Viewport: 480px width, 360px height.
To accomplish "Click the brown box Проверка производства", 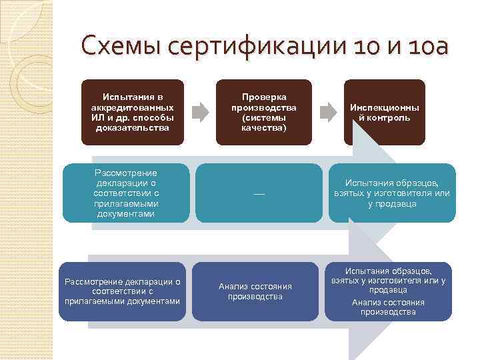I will pos(264,112).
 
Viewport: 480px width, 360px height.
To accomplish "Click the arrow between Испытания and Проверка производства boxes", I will pos(199,111).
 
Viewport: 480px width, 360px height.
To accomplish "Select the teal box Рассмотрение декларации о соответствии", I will pos(126,193).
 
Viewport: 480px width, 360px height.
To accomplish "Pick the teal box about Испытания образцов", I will pos(392,193).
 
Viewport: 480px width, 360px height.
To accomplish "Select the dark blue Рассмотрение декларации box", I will pos(122,291).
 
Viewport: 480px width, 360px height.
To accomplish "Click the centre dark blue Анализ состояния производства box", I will pos(255,291).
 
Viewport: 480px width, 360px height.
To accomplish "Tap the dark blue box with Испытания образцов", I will pos(388,291).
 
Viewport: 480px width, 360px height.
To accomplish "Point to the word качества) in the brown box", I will pos(264,127).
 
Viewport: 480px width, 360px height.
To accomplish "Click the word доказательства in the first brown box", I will pos(133,127).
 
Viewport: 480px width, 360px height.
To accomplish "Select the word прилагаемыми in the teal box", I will pos(126,204).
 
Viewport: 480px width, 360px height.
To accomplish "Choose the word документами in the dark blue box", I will pos(155,301).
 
